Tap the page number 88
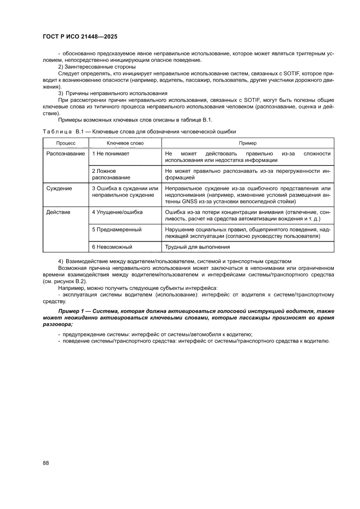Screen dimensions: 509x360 (46, 462)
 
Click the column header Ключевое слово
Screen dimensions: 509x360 (125, 143)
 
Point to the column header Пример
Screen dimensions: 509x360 (248, 143)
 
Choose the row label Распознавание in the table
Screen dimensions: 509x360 (65, 154)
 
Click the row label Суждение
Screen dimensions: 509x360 (59, 188)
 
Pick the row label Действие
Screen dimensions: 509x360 (58, 212)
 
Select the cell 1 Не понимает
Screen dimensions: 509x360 (111, 154)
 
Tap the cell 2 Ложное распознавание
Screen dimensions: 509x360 (111, 174)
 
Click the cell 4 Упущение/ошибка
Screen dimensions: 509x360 (117, 212)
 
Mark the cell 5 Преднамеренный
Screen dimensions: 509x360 (117, 229)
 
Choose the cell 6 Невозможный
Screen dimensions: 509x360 (112, 247)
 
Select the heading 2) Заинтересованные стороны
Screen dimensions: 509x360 (97, 67)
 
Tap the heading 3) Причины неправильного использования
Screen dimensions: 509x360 (113, 94)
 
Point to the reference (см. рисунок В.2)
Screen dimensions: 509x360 (65, 281)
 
